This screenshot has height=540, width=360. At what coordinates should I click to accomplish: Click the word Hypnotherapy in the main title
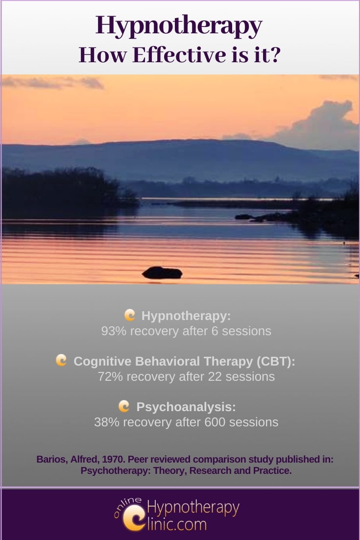click(179, 26)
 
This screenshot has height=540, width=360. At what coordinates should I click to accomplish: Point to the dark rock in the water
click(162, 272)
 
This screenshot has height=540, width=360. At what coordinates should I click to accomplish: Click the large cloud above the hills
click(316, 126)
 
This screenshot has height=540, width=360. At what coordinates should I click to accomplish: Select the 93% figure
click(114, 331)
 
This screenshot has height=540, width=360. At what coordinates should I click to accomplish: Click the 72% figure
click(110, 376)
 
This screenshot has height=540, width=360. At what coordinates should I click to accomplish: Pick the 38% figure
click(107, 422)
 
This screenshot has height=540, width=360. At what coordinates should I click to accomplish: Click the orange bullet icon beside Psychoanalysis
click(124, 406)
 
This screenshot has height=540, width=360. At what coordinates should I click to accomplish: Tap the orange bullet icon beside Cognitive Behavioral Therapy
click(61, 360)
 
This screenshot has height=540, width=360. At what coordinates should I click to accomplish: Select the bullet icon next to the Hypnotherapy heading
click(130, 315)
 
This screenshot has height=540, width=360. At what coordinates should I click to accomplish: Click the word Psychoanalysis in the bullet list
click(186, 407)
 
